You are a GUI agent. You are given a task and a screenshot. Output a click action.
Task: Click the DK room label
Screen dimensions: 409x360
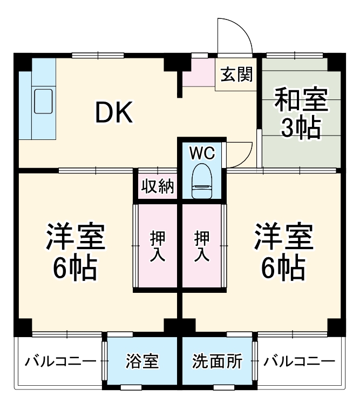[114, 112]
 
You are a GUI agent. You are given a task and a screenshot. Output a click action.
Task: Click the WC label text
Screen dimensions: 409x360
[202, 153]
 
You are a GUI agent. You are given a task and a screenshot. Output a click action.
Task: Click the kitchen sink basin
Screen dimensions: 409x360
[43, 101]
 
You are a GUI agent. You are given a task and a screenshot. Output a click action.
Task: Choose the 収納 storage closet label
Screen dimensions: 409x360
[157, 186]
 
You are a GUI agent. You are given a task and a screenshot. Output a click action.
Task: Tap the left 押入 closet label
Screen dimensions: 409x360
[158, 246]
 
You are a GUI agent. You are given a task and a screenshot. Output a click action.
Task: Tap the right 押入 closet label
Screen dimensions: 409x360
[202, 246]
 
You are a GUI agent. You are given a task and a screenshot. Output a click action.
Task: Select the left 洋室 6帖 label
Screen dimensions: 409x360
[75, 251]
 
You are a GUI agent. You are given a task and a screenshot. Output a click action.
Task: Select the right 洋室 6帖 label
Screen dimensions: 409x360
[283, 251]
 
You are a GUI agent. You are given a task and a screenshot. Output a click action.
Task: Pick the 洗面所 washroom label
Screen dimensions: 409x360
[217, 361]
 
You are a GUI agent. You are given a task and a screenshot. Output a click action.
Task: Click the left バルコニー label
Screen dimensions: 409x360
[60, 361]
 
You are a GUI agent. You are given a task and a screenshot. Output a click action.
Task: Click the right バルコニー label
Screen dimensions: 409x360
[300, 361]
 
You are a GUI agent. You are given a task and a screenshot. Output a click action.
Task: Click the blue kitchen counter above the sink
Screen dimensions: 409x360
[43, 70]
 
